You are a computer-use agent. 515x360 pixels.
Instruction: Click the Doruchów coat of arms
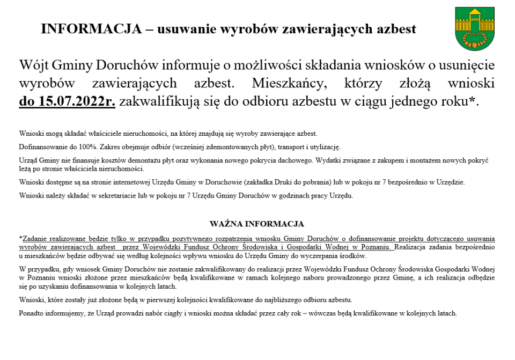[x=470, y=28]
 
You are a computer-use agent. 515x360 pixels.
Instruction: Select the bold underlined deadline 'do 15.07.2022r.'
[x=67, y=101]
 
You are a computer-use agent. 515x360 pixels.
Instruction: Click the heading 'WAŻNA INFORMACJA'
[x=257, y=224]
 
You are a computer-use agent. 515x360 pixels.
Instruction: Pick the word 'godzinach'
[x=292, y=196]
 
